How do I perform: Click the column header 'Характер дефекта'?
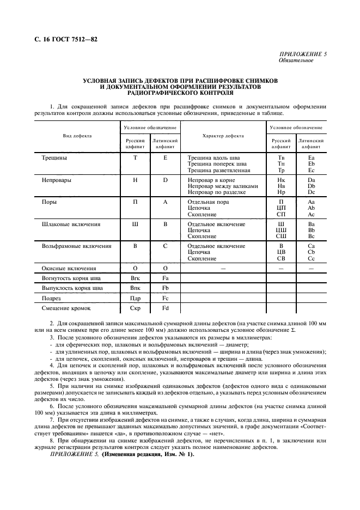tap(223, 136)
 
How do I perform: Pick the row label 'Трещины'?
tap(54, 157)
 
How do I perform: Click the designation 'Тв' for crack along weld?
tap(281, 157)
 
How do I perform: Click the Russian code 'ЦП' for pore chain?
tap(281, 208)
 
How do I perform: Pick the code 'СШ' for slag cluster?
tap(281, 236)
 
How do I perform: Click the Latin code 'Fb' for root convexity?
tap(165, 288)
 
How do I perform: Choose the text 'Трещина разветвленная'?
tap(218, 170)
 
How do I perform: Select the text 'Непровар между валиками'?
tap(223, 186)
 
